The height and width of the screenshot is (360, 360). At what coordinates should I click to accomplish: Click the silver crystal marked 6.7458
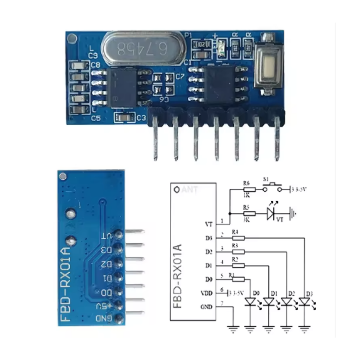tap(142, 48)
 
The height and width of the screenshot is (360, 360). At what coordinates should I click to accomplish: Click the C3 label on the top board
tap(141, 118)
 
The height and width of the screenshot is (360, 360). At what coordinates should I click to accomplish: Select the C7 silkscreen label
tap(180, 77)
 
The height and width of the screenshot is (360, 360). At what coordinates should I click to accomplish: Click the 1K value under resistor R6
tap(247, 195)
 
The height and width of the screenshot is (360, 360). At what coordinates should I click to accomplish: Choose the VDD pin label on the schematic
tap(207, 293)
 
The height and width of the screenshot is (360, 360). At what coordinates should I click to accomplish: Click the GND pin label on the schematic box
tap(207, 307)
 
